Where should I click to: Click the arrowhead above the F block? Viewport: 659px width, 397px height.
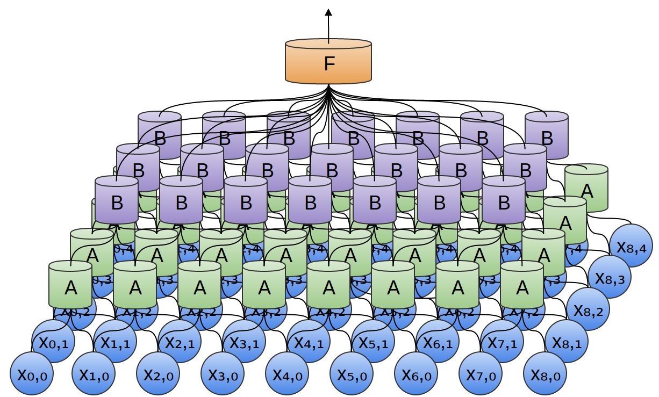click(328, 12)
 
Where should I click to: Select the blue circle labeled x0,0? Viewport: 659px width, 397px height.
click(32, 374)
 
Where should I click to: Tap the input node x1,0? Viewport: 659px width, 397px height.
click(94, 374)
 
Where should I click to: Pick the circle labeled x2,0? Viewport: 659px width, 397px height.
click(158, 374)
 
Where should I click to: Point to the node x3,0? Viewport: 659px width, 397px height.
click(223, 374)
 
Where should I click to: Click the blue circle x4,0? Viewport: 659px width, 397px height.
click(287, 374)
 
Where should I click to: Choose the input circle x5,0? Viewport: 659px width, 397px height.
click(352, 374)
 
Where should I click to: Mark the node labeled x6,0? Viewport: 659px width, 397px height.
click(416, 374)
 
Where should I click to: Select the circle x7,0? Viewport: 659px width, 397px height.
click(481, 374)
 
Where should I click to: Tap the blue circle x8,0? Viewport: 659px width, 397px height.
click(545, 374)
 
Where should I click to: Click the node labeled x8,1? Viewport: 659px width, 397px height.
click(567, 342)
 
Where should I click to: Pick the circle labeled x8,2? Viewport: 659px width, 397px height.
click(588, 309)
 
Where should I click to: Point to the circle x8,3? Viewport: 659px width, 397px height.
click(610, 277)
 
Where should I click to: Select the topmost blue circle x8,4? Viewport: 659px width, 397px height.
click(631, 246)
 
